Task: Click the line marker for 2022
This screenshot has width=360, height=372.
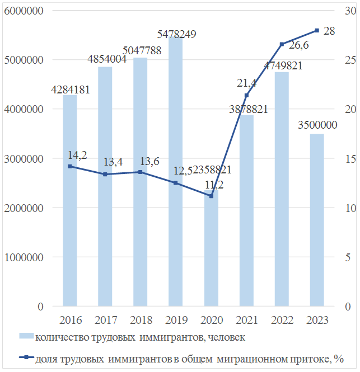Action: pos(282,44)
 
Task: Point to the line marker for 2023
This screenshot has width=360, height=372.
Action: pos(317,30)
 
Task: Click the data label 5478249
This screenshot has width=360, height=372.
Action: pos(176,34)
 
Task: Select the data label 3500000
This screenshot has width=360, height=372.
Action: pos(317,125)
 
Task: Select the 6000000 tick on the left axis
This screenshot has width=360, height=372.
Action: pos(24,11)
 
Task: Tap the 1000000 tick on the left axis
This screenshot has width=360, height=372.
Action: pos(24,258)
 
